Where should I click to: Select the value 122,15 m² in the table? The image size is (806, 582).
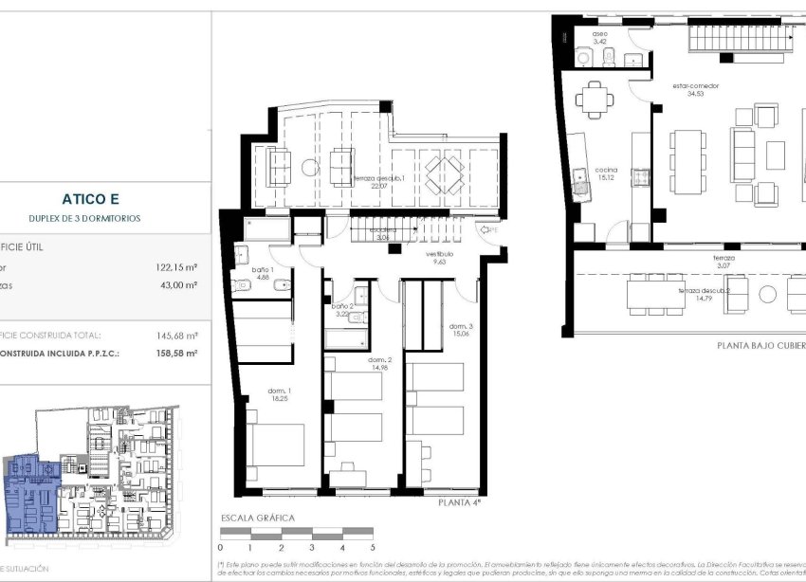(x=175, y=267)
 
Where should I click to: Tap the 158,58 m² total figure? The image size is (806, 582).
(x=176, y=353)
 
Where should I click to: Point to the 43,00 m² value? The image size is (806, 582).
(x=177, y=284)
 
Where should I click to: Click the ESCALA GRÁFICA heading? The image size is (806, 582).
(x=257, y=518)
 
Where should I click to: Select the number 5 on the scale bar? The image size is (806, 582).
(x=373, y=548)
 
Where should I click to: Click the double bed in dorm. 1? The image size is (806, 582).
(x=275, y=444)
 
